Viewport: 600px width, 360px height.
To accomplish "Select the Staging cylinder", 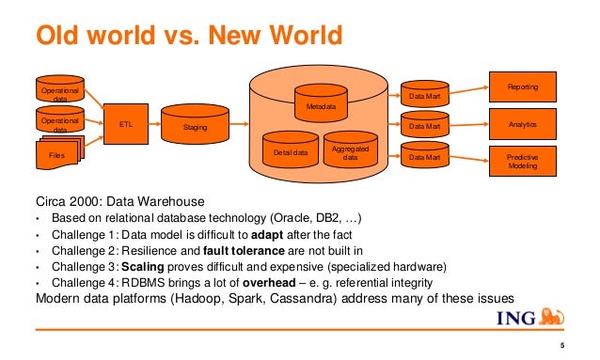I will coord(195,125).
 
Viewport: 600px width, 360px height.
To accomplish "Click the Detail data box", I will coord(290,151).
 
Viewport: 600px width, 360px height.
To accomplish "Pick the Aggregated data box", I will coord(350,152).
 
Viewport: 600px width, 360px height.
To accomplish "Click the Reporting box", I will coord(522,86).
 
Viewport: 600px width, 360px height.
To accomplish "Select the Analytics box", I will coord(522,123).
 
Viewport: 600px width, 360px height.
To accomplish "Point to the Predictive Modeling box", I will coord(522,161).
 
